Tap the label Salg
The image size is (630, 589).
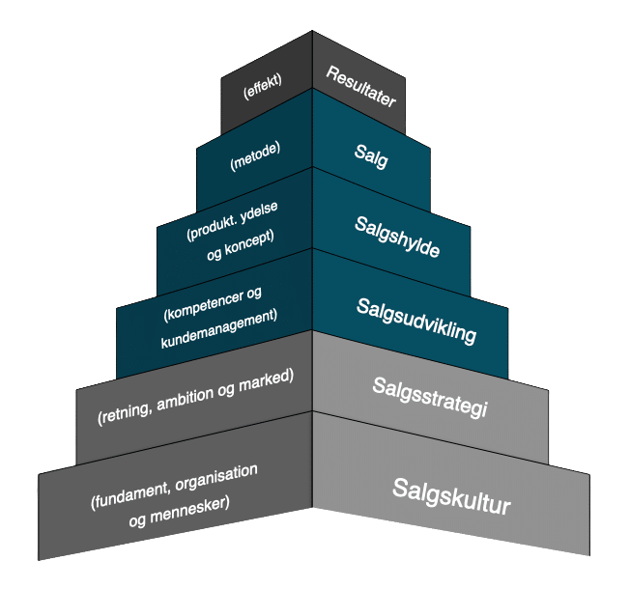pyautogui.click(x=369, y=157)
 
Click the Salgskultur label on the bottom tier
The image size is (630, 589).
pyautogui.click(x=451, y=495)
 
